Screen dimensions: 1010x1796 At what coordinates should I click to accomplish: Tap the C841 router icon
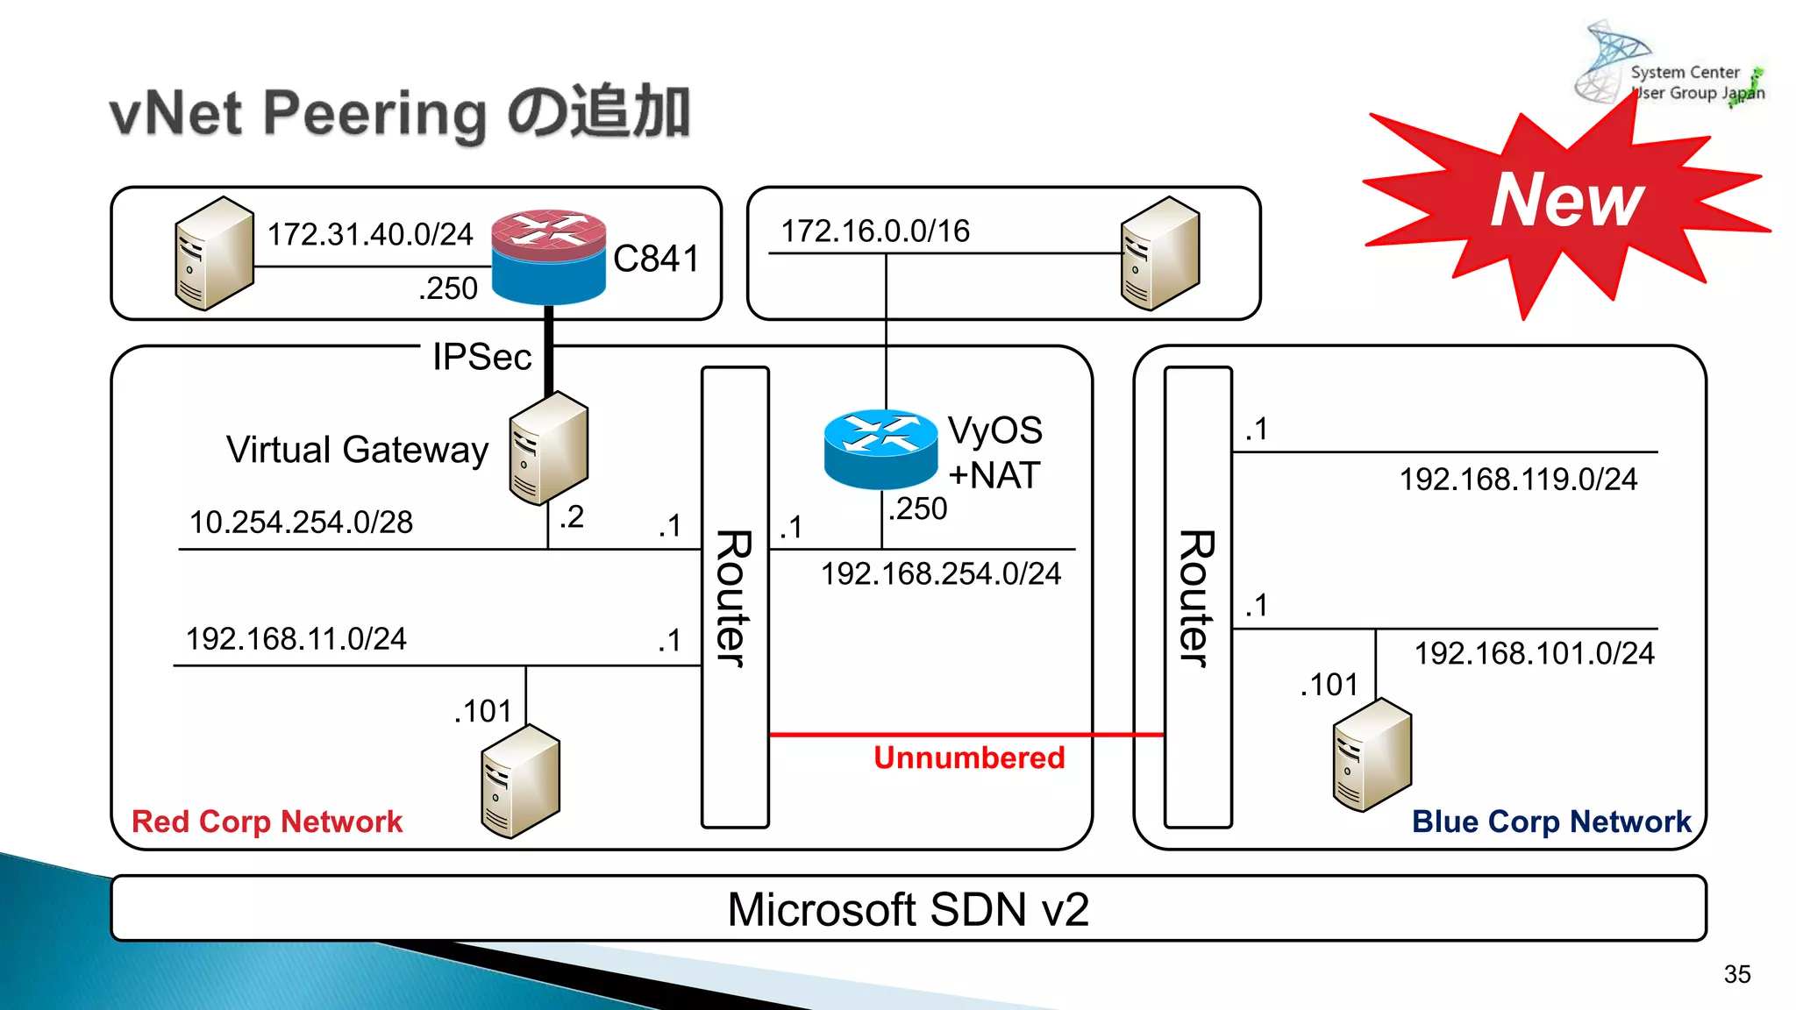point(548,256)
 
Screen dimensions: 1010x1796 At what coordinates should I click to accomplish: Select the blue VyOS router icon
point(880,448)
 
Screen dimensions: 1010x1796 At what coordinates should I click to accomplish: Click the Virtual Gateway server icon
point(549,448)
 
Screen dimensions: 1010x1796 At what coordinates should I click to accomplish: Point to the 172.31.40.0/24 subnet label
point(369,234)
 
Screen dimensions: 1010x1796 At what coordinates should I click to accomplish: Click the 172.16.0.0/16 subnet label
point(875,231)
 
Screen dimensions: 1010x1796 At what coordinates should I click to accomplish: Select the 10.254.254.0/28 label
point(301,522)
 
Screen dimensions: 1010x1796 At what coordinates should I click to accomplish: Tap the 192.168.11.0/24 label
point(296,638)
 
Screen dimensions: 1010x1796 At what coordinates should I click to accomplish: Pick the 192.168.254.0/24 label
point(940,573)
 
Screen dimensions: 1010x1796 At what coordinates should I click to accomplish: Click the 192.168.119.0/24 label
point(1517,479)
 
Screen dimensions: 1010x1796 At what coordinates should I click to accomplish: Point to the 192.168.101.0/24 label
point(1534,653)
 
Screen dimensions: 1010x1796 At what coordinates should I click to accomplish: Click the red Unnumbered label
point(968,757)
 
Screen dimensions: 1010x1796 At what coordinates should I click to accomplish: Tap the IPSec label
point(481,357)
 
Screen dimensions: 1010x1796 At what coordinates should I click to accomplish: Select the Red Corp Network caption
point(267,822)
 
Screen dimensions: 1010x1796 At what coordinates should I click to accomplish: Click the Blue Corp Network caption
point(1550,822)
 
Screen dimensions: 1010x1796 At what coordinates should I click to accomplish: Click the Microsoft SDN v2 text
point(908,909)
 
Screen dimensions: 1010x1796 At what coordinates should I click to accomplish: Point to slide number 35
point(1736,974)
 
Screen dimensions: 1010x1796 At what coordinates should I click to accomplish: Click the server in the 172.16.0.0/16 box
point(1159,253)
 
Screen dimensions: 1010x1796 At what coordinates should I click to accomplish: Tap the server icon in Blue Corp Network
point(1372,754)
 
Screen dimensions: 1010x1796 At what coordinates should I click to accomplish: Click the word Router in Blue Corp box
point(1196,598)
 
